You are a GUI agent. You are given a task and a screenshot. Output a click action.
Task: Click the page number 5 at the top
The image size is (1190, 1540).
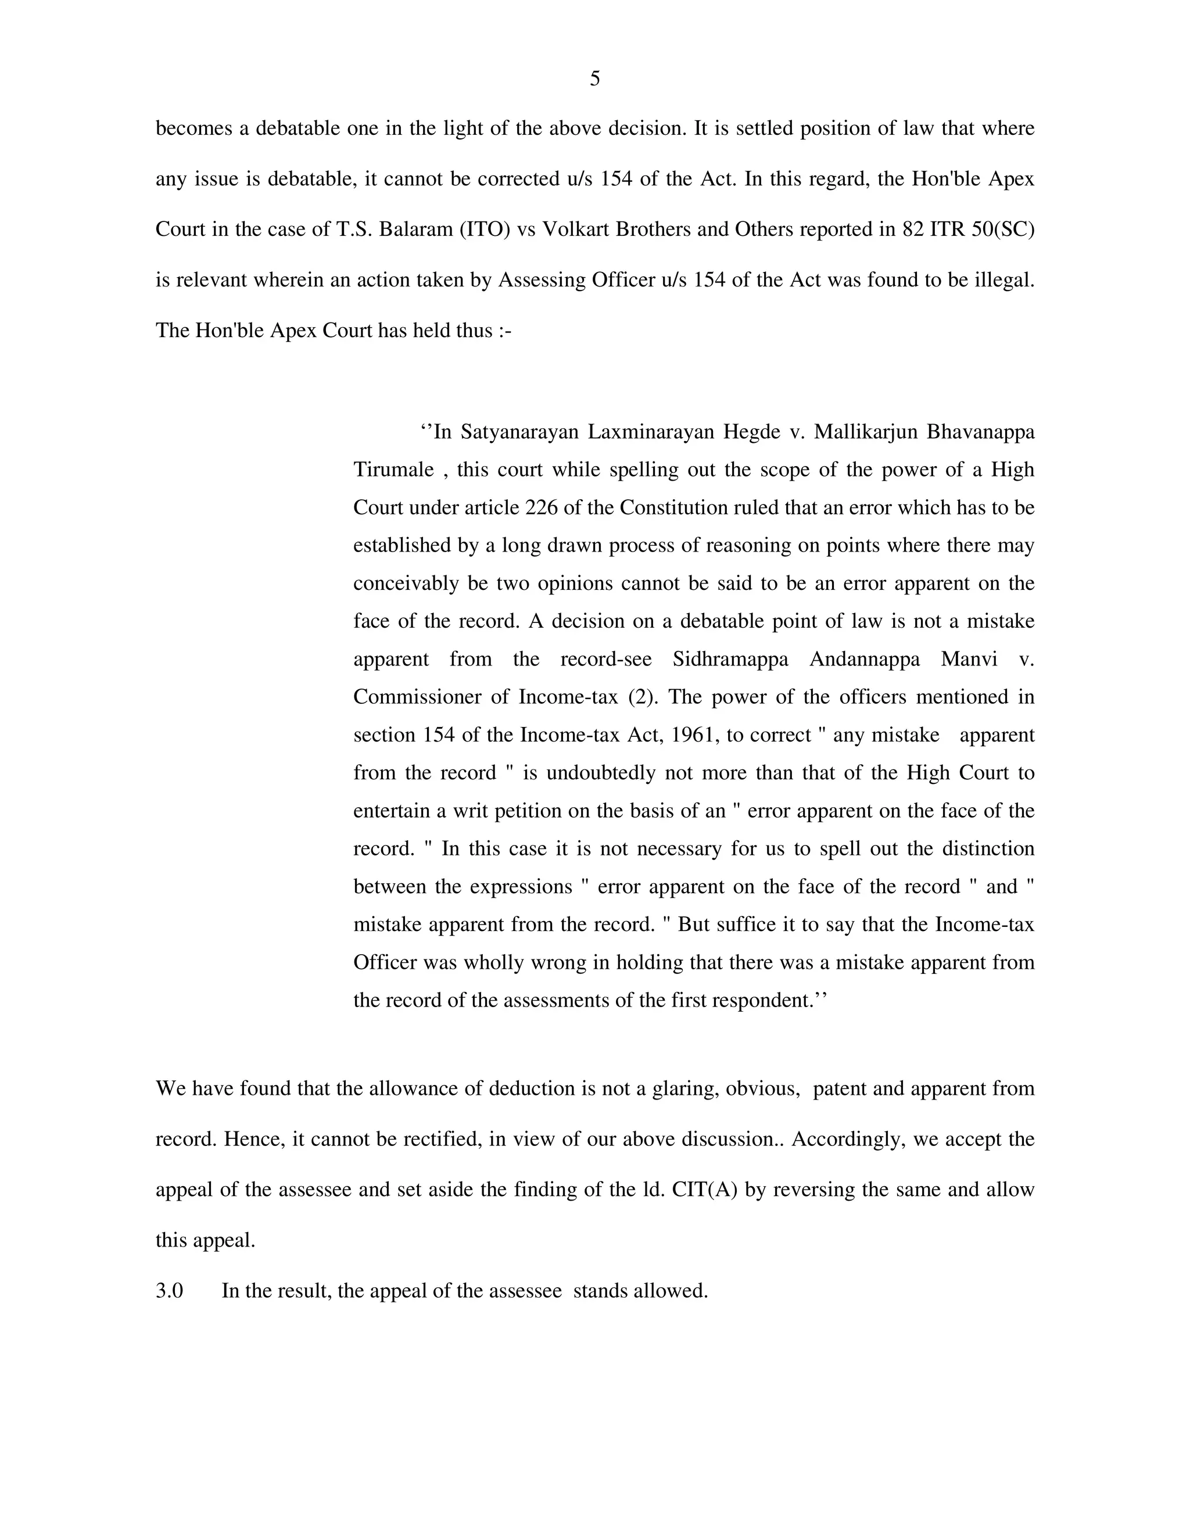pos(594,79)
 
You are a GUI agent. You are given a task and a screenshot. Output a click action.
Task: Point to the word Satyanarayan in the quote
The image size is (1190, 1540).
pos(518,432)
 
